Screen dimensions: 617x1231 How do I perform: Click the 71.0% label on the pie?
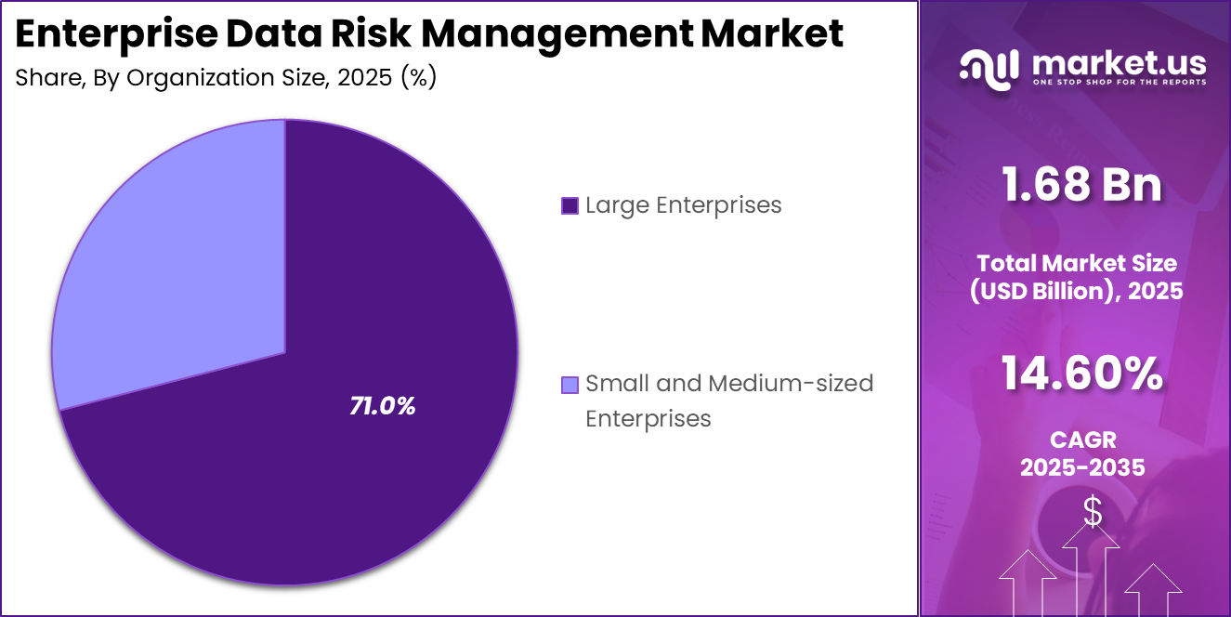382,406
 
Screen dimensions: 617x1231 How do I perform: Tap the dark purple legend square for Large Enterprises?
570,205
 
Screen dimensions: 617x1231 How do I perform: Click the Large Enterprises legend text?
683,204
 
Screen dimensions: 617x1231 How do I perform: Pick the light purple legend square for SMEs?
570,384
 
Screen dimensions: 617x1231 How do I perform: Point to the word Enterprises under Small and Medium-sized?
648,418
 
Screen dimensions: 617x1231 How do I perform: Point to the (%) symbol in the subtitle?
418,77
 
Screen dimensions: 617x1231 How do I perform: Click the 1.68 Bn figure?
1081,184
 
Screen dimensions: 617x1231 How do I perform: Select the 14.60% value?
1081,374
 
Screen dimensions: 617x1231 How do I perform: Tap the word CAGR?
1082,439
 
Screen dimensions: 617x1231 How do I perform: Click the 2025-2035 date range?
1082,467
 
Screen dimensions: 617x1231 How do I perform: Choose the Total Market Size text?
1076,263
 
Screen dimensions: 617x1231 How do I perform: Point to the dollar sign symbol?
1093,512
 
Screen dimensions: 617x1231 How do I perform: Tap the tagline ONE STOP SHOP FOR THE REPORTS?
1119,82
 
